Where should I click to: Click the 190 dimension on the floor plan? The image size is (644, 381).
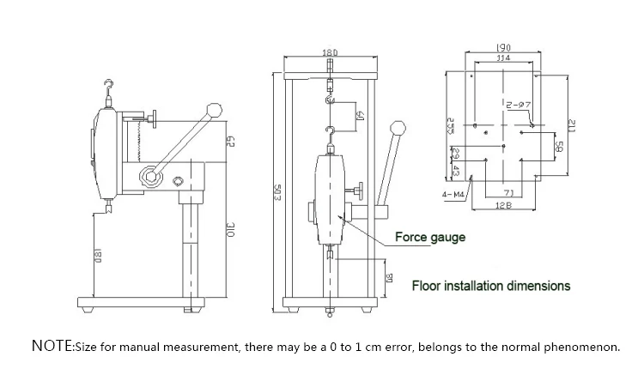(x=504, y=47)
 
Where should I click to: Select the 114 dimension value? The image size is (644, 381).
(x=504, y=57)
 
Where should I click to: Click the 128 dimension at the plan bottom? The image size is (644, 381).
(x=504, y=207)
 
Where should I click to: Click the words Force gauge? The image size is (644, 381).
(x=430, y=237)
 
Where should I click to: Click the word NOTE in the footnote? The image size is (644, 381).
(x=53, y=347)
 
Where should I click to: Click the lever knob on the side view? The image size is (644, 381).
(x=215, y=110)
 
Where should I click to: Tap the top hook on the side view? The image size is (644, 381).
(x=106, y=87)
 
